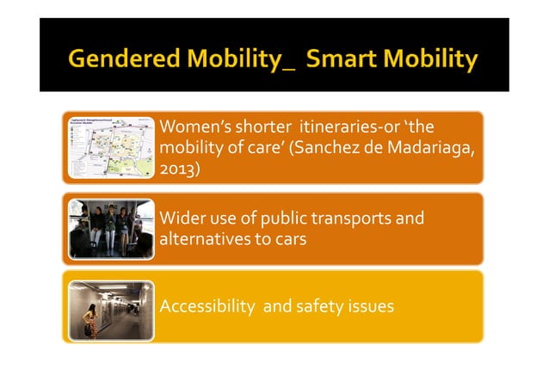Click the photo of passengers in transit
pos(109,228)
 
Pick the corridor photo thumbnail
pos(109,305)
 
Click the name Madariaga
pos(431,148)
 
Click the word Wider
pos(182,218)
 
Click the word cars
pos(291,238)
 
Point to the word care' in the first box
pos(262,148)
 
